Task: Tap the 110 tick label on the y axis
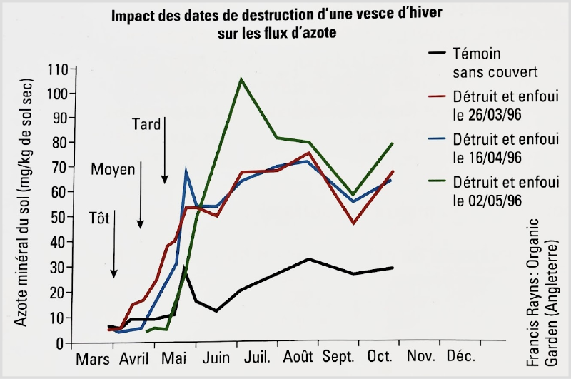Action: pyautogui.click(x=56, y=69)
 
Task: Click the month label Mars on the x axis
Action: pyautogui.click(x=92, y=356)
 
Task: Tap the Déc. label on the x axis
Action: pyautogui.click(x=460, y=356)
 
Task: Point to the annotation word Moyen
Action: pyautogui.click(x=112, y=170)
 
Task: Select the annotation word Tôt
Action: pyautogui.click(x=100, y=218)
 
